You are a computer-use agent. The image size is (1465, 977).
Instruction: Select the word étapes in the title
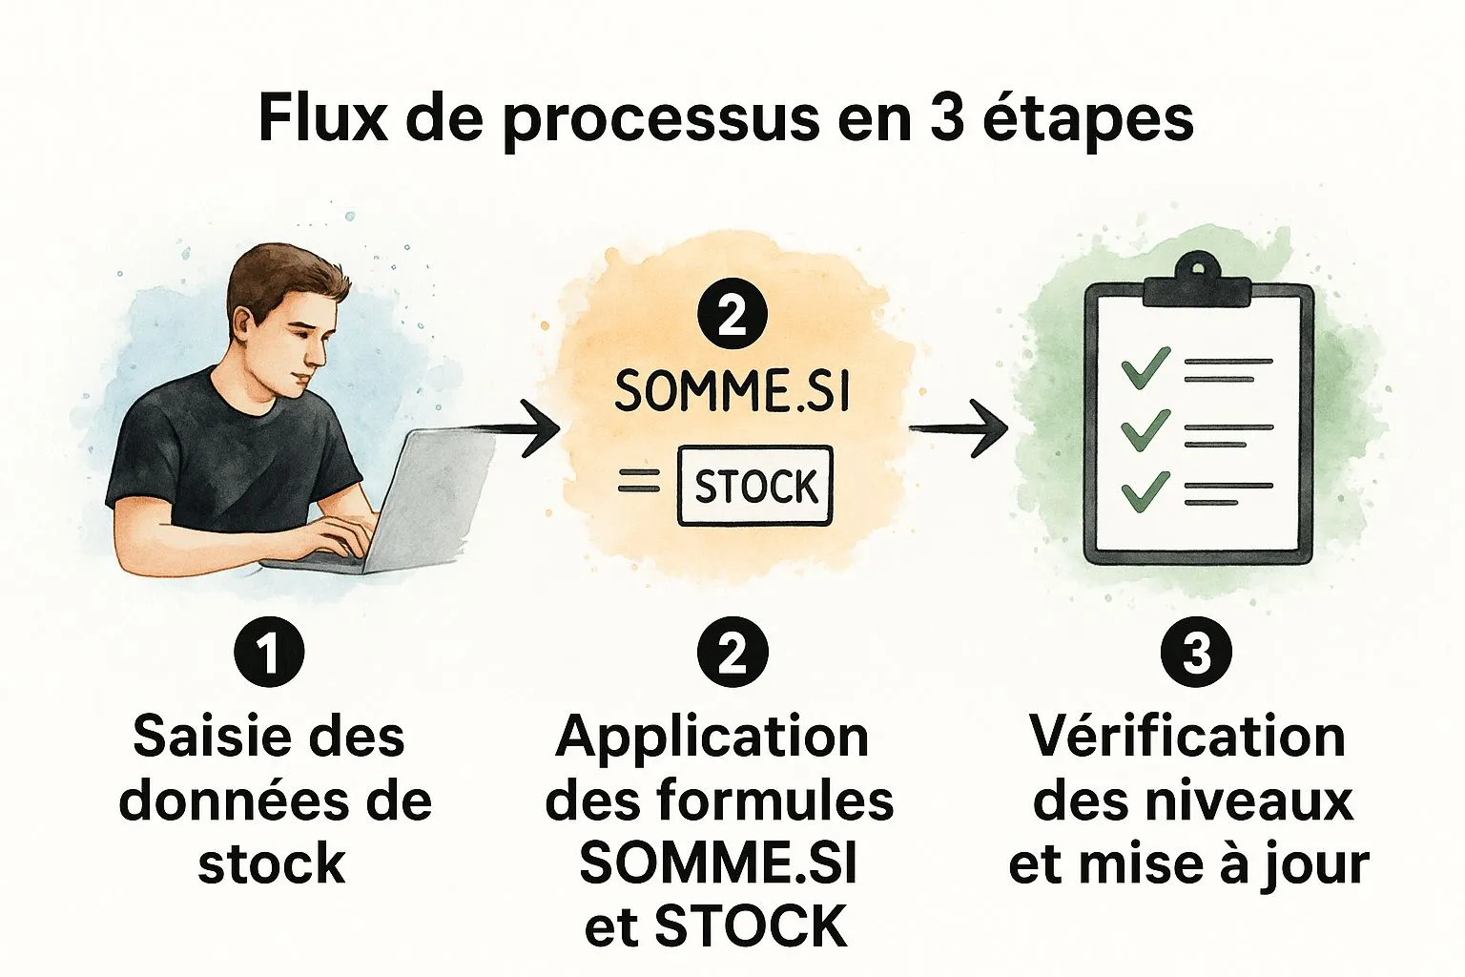[x=1087, y=121]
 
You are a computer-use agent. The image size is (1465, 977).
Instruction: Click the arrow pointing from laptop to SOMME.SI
[x=518, y=429]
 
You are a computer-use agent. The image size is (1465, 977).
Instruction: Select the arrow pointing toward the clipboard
[x=959, y=428]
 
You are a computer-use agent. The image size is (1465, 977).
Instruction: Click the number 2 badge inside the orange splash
[x=732, y=317]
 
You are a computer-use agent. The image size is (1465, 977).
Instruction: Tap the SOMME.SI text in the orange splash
[x=732, y=390]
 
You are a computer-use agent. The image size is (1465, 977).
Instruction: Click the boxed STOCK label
[x=755, y=486]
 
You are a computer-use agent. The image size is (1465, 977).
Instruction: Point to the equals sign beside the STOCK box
[x=638, y=480]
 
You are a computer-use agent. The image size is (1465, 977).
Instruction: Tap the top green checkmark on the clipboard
[x=1145, y=367]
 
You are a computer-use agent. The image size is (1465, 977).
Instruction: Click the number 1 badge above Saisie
[x=269, y=651]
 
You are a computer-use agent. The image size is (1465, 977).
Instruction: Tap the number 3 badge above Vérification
[x=1196, y=651]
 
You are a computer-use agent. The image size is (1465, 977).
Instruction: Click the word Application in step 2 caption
[x=712, y=738]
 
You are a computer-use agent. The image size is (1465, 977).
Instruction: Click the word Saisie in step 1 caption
[x=203, y=737]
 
